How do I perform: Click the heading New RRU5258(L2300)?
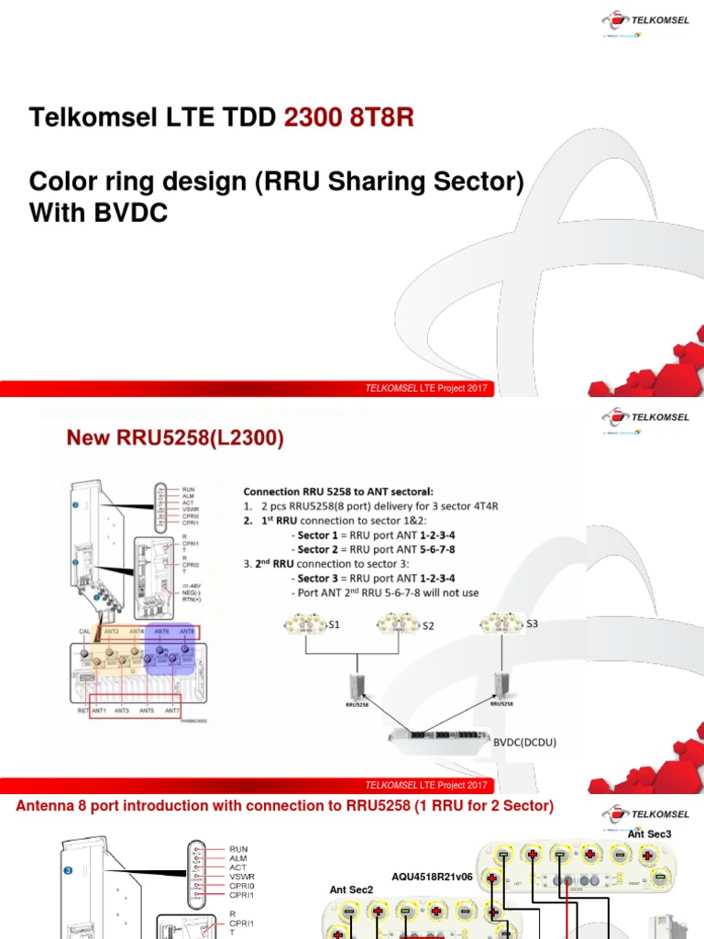(x=174, y=439)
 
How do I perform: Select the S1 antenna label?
(x=335, y=624)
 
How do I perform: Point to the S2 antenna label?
(x=428, y=625)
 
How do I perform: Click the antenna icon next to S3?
(x=500, y=624)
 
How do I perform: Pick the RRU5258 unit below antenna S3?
(x=500, y=685)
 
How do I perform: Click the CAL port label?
(x=84, y=631)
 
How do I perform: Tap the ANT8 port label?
(x=187, y=631)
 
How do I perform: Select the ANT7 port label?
(x=171, y=711)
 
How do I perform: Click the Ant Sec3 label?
(x=650, y=834)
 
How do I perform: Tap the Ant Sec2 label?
(x=352, y=889)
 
